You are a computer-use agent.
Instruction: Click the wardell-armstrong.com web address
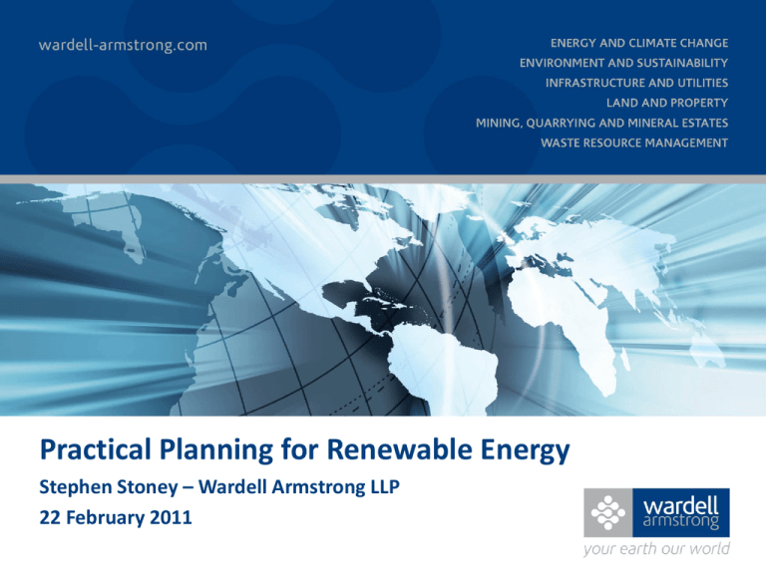click(123, 45)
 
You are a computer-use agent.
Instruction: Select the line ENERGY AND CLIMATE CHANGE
click(639, 43)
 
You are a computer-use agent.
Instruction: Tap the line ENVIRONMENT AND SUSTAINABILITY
click(623, 63)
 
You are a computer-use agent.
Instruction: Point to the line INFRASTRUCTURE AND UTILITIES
click(636, 83)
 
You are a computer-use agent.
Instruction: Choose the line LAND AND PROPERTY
click(667, 103)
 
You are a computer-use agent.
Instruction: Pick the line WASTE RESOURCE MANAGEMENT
click(634, 143)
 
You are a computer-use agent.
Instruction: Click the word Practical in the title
click(96, 449)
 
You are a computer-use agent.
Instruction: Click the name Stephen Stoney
click(109, 487)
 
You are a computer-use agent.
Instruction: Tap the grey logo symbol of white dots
click(608, 512)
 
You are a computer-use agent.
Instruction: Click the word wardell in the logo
click(681, 505)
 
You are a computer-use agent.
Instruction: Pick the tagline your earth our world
click(656, 549)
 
